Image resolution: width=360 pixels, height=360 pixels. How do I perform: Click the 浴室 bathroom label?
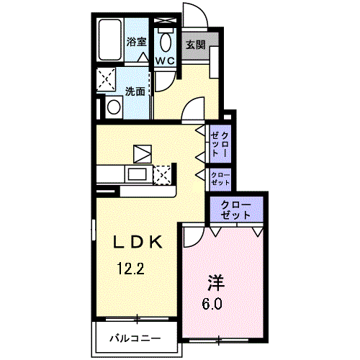pyautogui.click(x=137, y=42)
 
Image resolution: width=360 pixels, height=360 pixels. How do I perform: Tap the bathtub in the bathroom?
pyautogui.click(x=109, y=40)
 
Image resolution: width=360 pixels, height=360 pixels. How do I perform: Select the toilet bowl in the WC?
pyautogui.click(x=166, y=41)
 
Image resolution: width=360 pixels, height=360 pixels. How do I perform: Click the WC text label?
pyautogui.click(x=165, y=60)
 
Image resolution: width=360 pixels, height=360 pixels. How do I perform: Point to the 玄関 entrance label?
pyautogui.click(x=196, y=45)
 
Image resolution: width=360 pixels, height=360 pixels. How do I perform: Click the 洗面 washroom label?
pyautogui.click(x=135, y=91)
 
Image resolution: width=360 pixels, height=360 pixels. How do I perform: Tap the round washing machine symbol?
pyautogui.click(x=114, y=107)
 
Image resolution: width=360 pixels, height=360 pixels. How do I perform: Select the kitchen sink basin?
pyautogui.click(x=138, y=174)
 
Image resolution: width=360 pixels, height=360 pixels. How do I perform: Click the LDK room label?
pyautogui.click(x=138, y=242)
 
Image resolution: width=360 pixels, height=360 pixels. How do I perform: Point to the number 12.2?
pyautogui.click(x=131, y=269)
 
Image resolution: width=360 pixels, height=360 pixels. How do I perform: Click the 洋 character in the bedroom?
pyautogui.click(x=216, y=282)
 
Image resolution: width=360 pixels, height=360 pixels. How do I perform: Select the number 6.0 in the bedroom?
pyautogui.click(x=212, y=305)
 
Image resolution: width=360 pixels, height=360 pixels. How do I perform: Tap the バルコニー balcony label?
pyautogui.click(x=135, y=338)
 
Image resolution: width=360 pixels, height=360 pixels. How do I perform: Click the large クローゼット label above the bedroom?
pyautogui.click(x=235, y=210)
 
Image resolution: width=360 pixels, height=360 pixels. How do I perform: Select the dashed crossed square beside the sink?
pyautogui.click(x=162, y=175)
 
